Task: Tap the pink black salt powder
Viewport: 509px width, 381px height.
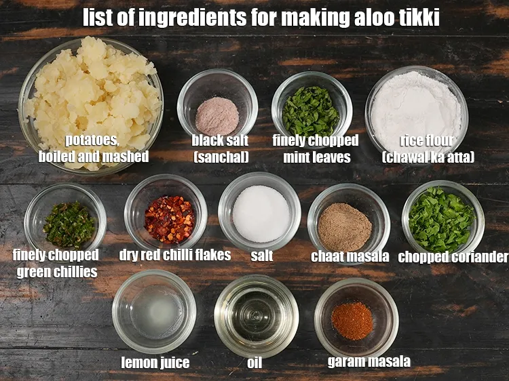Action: pyautogui.click(x=217, y=115)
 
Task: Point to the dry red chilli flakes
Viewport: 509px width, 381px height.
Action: pyautogui.click(x=169, y=219)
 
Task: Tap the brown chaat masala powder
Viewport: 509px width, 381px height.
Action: pyautogui.click(x=345, y=224)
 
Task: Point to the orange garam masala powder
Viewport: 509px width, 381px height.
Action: pyautogui.click(x=352, y=320)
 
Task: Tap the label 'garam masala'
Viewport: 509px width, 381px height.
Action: pyautogui.click(x=369, y=361)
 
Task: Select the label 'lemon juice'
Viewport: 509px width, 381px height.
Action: pyautogui.click(x=155, y=363)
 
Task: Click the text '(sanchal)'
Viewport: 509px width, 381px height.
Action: pyautogui.click(x=221, y=157)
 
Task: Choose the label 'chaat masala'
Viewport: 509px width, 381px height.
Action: pyautogui.click(x=350, y=256)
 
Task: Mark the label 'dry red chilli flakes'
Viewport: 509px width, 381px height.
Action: pyautogui.click(x=174, y=256)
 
